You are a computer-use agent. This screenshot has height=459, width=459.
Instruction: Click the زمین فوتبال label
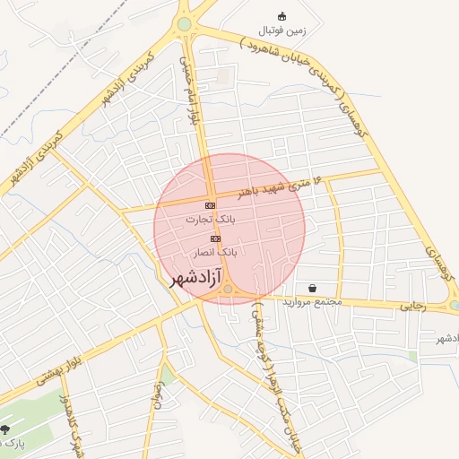click(x=282, y=30)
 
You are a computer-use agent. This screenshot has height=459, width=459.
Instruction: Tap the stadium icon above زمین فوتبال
click(x=281, y=16)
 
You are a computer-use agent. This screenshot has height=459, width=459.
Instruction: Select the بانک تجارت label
click(x=211, y=218)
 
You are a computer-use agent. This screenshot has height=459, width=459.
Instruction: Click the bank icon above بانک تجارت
click(x=210, y=205)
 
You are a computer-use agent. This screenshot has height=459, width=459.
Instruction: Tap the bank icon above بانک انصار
click(x=215, y=238)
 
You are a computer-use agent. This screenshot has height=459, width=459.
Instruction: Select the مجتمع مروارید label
click(x=313, y=302)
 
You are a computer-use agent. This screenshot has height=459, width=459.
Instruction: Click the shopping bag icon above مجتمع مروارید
click(x=311, y=288)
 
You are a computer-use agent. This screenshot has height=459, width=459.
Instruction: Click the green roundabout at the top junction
click(x=185, y=24)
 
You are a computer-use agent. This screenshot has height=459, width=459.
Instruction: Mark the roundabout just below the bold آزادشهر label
click(x=229, y=289)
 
